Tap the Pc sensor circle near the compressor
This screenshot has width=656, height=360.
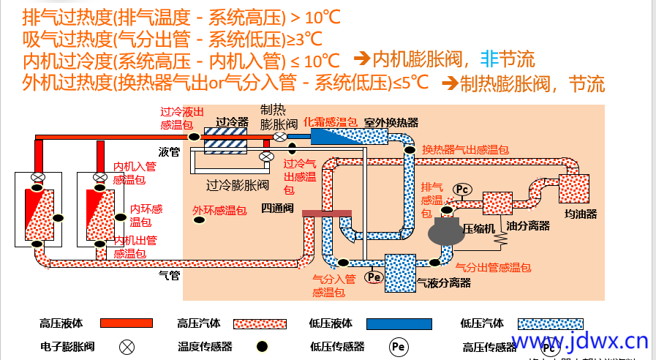pyautogui.click(x=462, y=190)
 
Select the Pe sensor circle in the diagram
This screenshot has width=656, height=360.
pyautogui.click(x=374, y=277)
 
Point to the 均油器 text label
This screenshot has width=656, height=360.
pyautogui.click(x=581, y=214)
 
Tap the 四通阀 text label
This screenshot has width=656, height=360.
pyautogui.click(x=277, y=208)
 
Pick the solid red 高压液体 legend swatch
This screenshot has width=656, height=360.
pyautogui.click(x=126, y=323)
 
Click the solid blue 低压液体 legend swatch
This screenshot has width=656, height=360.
pyautogui.click(x=398, y=323)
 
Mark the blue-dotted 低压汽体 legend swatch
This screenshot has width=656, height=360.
pyautogui.click(x=551, y=323)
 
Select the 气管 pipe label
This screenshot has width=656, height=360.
pyautogui.click(x=169, y=275)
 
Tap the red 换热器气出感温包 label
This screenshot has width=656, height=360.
pyautogui.click(x=465, y=149)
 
